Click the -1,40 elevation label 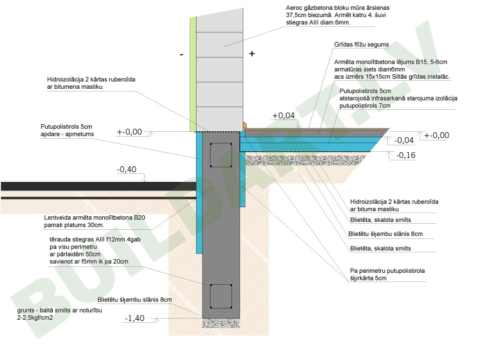[134, 318]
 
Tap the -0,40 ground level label [126, 169]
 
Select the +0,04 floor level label [283, 116]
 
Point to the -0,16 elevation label [405, 155]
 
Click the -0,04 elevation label [404, 140]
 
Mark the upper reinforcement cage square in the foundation [221, 155]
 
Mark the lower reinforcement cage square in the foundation [221, 297]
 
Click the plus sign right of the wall [252, 54]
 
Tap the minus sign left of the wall [182, 55]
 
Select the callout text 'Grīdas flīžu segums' [361, 45]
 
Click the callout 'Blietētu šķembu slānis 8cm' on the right [386, 234]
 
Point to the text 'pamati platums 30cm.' [74, 225]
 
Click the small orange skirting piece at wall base [245, 125]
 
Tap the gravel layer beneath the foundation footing [221, 323]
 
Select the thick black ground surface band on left [99, 186]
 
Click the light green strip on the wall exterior [193, 74]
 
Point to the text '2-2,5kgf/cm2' [35, 317]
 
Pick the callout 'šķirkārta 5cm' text [368, 278]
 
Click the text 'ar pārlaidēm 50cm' [75, 254]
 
